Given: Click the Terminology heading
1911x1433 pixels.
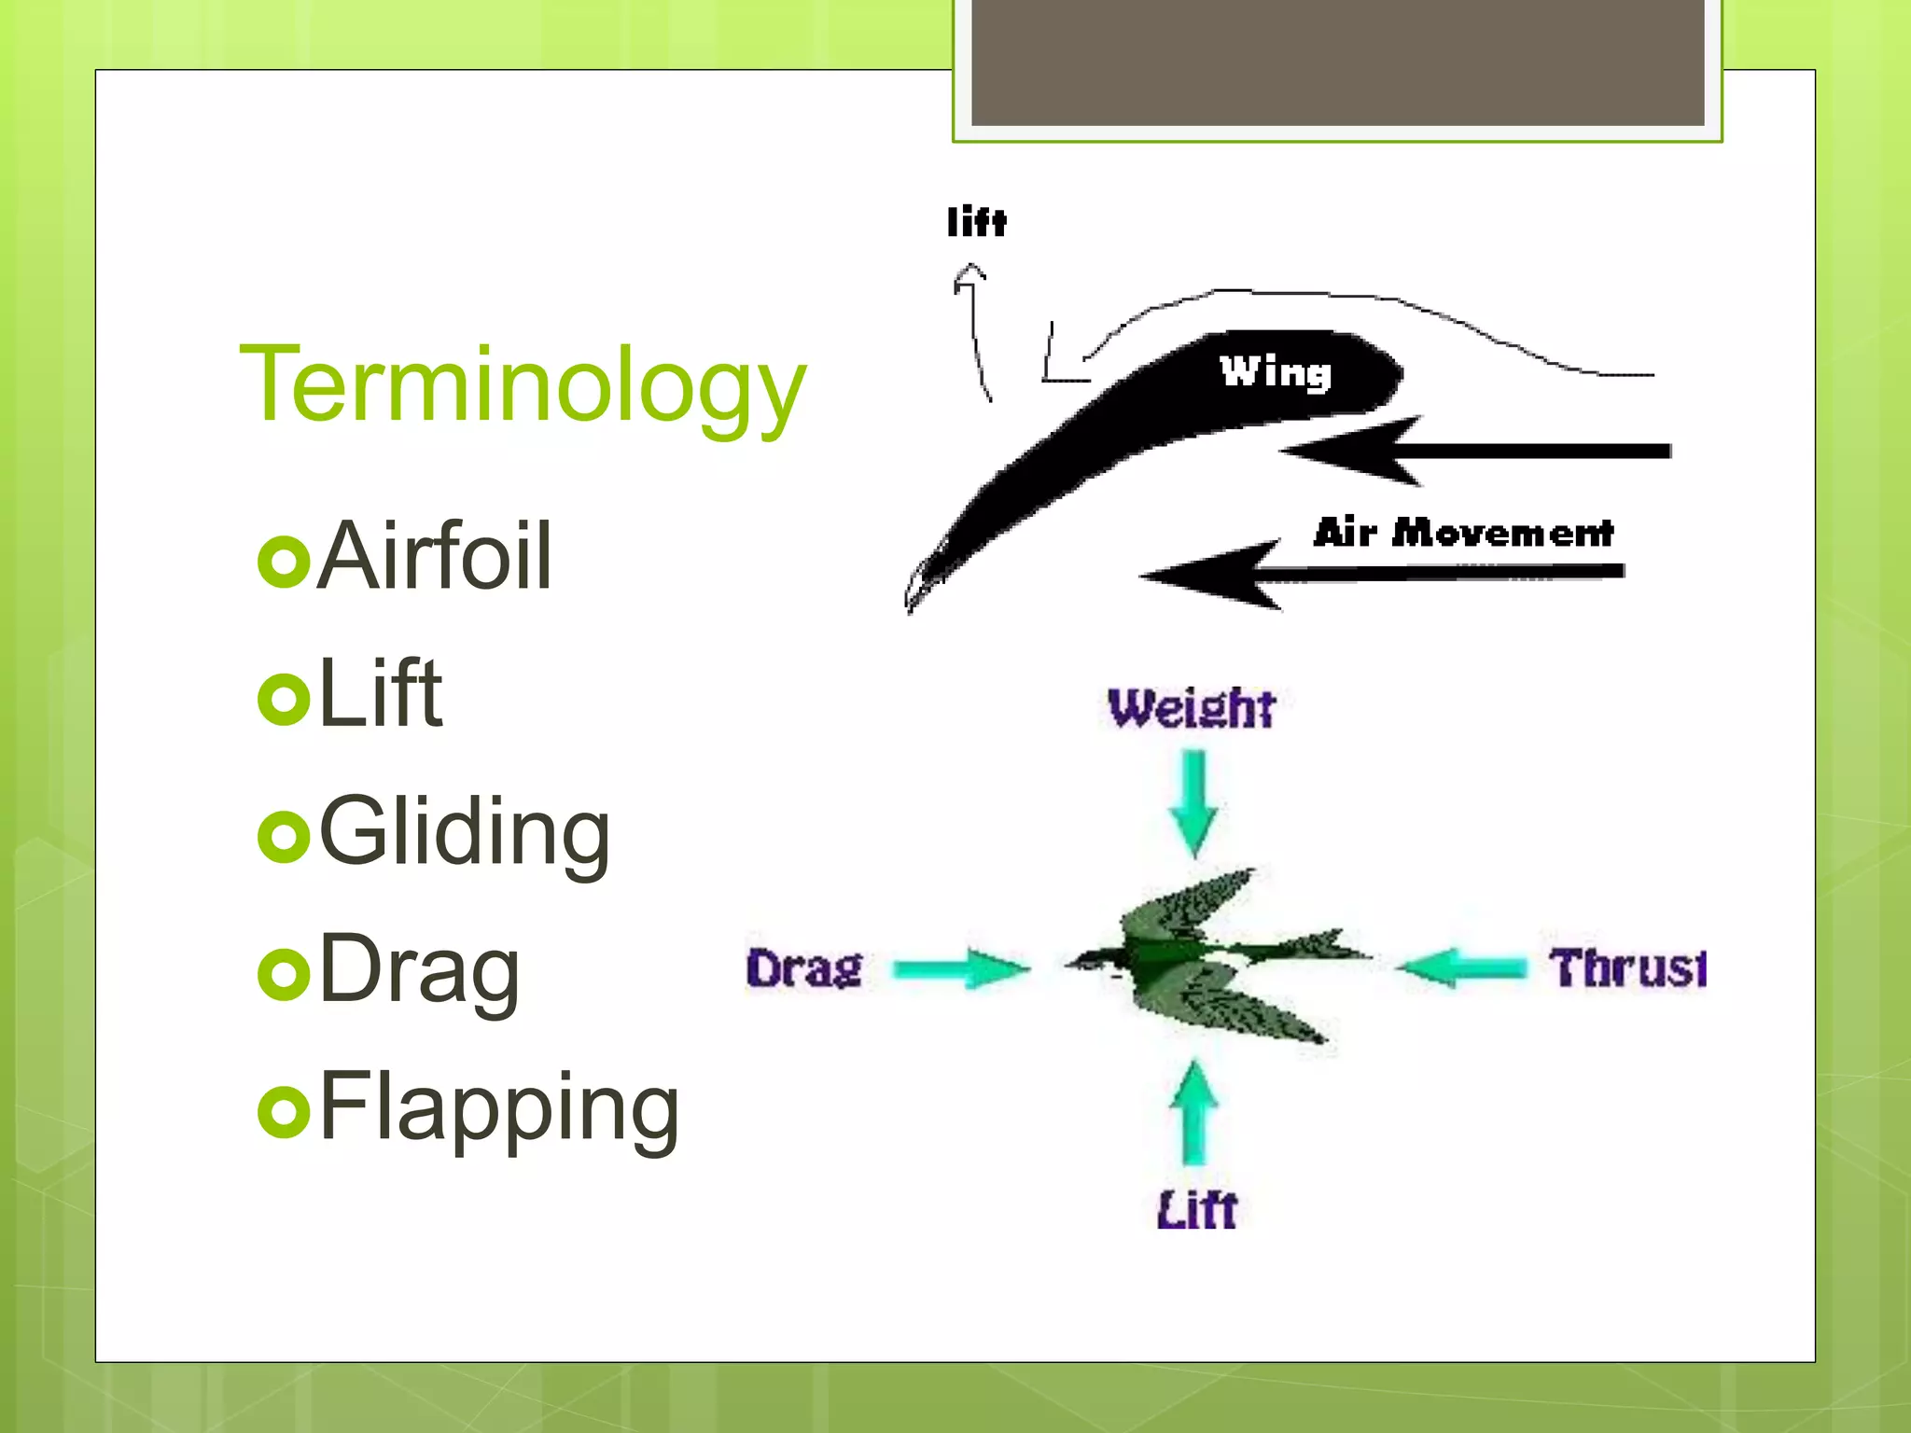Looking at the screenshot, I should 523,384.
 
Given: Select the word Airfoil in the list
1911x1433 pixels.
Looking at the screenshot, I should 435,556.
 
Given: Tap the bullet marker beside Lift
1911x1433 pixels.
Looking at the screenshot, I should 284,699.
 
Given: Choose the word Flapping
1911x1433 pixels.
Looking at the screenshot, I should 499,1107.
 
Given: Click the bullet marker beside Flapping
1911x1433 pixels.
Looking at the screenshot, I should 284,1111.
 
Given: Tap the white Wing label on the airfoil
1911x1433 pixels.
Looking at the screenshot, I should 1276,372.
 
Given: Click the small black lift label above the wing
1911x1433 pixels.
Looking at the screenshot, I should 976,222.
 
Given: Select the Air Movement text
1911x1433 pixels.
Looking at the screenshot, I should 1463,533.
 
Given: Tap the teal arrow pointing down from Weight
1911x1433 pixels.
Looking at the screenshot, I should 1193,802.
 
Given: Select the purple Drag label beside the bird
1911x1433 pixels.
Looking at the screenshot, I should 803,968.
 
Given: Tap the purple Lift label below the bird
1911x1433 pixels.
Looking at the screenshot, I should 1196,1210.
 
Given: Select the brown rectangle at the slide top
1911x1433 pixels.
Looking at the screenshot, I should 1337,62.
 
